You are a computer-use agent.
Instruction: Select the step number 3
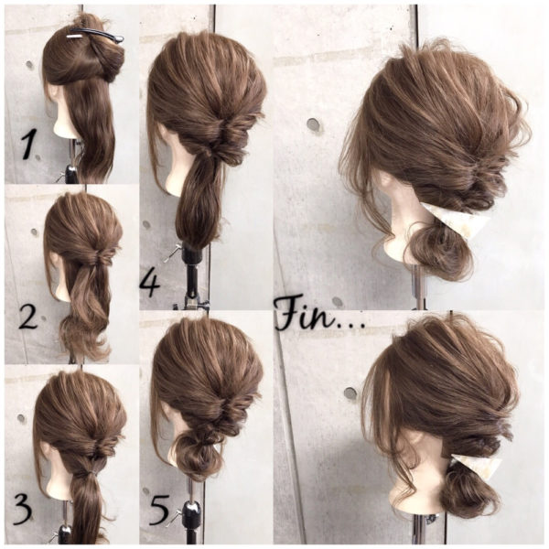[23, 511]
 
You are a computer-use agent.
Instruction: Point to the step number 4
[150, 285]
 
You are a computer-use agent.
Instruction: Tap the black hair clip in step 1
[95, 36]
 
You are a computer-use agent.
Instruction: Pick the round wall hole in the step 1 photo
[30, 65]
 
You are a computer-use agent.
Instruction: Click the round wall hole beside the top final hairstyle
[314, 125]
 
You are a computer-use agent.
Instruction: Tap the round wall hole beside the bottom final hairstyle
[350, 393]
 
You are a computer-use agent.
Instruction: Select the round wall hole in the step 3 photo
[22, 418]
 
